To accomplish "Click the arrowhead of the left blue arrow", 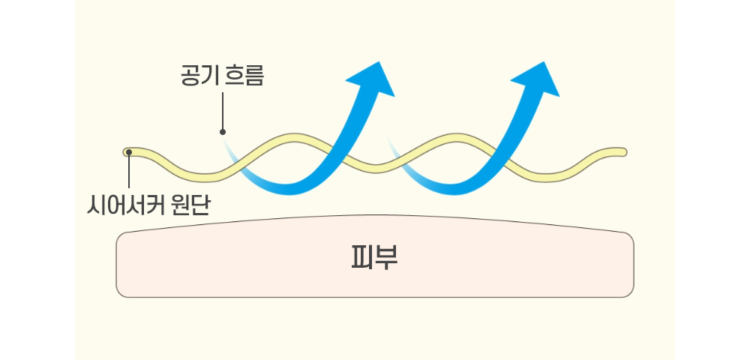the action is point(372,79).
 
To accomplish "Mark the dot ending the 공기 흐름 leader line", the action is point(223,131).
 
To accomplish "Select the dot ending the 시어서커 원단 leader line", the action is point(129,152).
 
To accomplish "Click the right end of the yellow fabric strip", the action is point(623,152).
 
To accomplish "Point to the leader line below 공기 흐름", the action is point(223,111).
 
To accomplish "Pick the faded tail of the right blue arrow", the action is point(397,154).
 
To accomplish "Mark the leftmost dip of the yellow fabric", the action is point(205,177).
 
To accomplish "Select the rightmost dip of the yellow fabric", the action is point(545,177).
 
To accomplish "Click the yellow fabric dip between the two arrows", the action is point(375,168).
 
